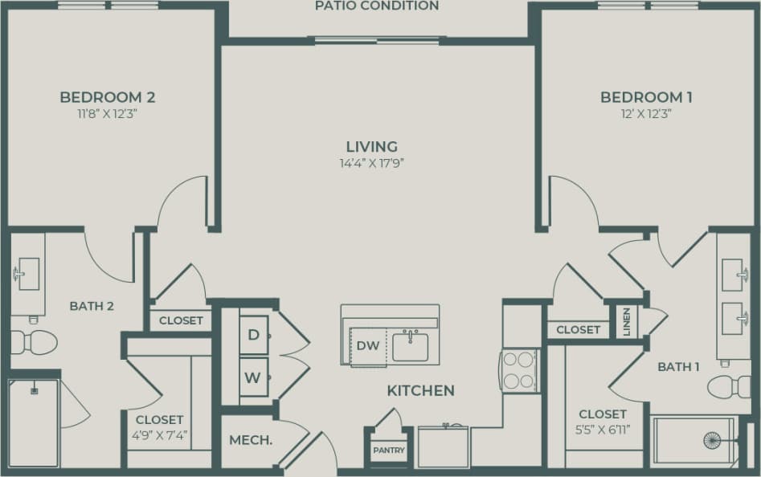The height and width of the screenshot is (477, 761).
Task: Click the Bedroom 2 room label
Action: [107, 97]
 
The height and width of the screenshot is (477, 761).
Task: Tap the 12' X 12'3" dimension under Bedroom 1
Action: [646, 113]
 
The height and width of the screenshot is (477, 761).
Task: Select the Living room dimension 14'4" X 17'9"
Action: [371, 162]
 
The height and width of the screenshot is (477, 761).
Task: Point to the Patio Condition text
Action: [377, 6]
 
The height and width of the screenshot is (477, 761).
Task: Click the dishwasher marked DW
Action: [367, 346]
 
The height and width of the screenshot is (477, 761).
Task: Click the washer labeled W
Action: [253, 377]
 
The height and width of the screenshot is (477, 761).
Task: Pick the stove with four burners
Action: [520, 370]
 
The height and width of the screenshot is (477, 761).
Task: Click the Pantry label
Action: [389, 450]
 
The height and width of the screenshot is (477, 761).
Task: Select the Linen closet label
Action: [626, 322]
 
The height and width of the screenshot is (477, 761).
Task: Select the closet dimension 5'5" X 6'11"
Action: [603, 428]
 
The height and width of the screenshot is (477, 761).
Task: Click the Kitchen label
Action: [420, 391]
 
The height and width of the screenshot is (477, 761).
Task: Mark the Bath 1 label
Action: [678, 366]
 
